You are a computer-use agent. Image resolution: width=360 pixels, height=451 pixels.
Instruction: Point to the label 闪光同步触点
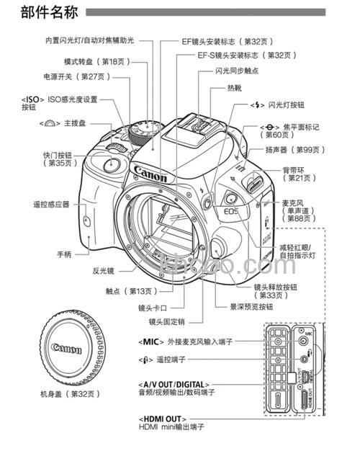(236, 71)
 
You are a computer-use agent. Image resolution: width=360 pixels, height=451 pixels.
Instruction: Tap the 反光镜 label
(104, 271)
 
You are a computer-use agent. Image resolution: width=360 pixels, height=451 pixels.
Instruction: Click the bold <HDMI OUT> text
(163, 419)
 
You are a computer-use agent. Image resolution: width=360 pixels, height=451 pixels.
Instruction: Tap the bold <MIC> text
(149, 341)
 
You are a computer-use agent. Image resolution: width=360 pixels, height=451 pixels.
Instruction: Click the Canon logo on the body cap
(66, 349)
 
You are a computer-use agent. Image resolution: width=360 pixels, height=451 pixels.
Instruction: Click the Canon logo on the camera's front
(151, 174)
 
